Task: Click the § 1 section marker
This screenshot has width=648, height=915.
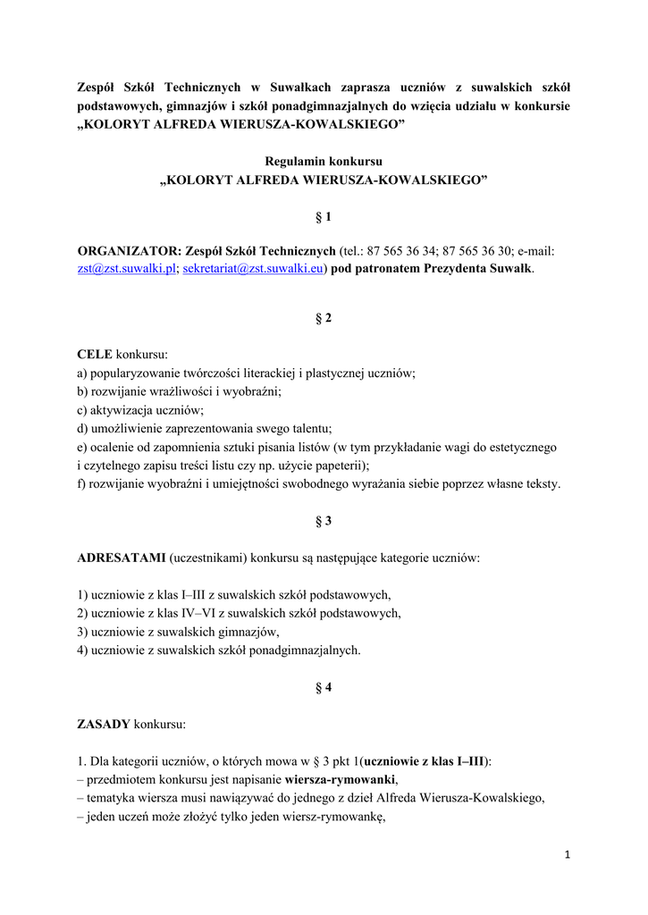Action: [x=324, y=217]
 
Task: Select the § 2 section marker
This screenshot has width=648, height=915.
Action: [x=324, y=318]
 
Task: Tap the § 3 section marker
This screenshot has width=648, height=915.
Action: [x=324, y=520]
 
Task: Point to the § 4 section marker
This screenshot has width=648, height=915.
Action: [x=324, y=687]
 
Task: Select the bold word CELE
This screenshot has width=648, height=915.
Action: [x=95, y=355]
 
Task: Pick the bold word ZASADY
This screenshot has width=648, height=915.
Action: [x=104, y=724]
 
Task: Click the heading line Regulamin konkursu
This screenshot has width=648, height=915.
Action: [x=324, y=162]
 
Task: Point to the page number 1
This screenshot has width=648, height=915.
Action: [x=567, y=855]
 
